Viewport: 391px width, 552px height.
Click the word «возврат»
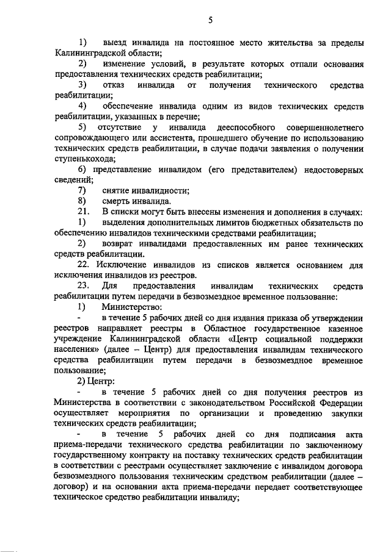point(121,243)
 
